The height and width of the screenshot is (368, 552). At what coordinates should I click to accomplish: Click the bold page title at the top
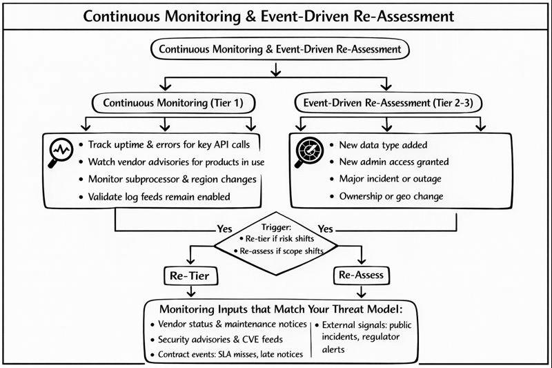point(276,16)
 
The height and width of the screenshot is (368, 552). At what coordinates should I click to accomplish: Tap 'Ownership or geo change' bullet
point(392,196)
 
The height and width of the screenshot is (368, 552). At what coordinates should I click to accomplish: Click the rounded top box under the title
point(276,49)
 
